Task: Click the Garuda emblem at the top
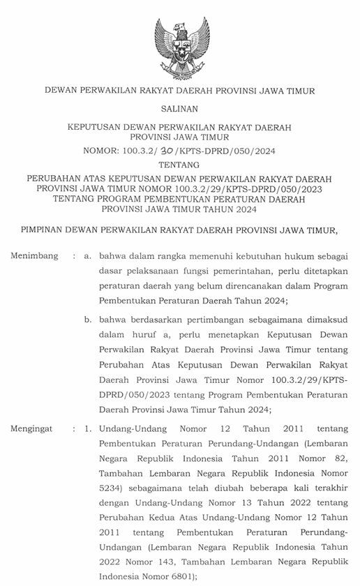tap(179, 42)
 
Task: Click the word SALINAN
tap(179, 109)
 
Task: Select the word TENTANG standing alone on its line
tap(179, 165)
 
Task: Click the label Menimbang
tap(34, 256)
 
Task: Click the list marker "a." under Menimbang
tap(87, 256)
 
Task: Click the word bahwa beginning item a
tap(113, 256)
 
